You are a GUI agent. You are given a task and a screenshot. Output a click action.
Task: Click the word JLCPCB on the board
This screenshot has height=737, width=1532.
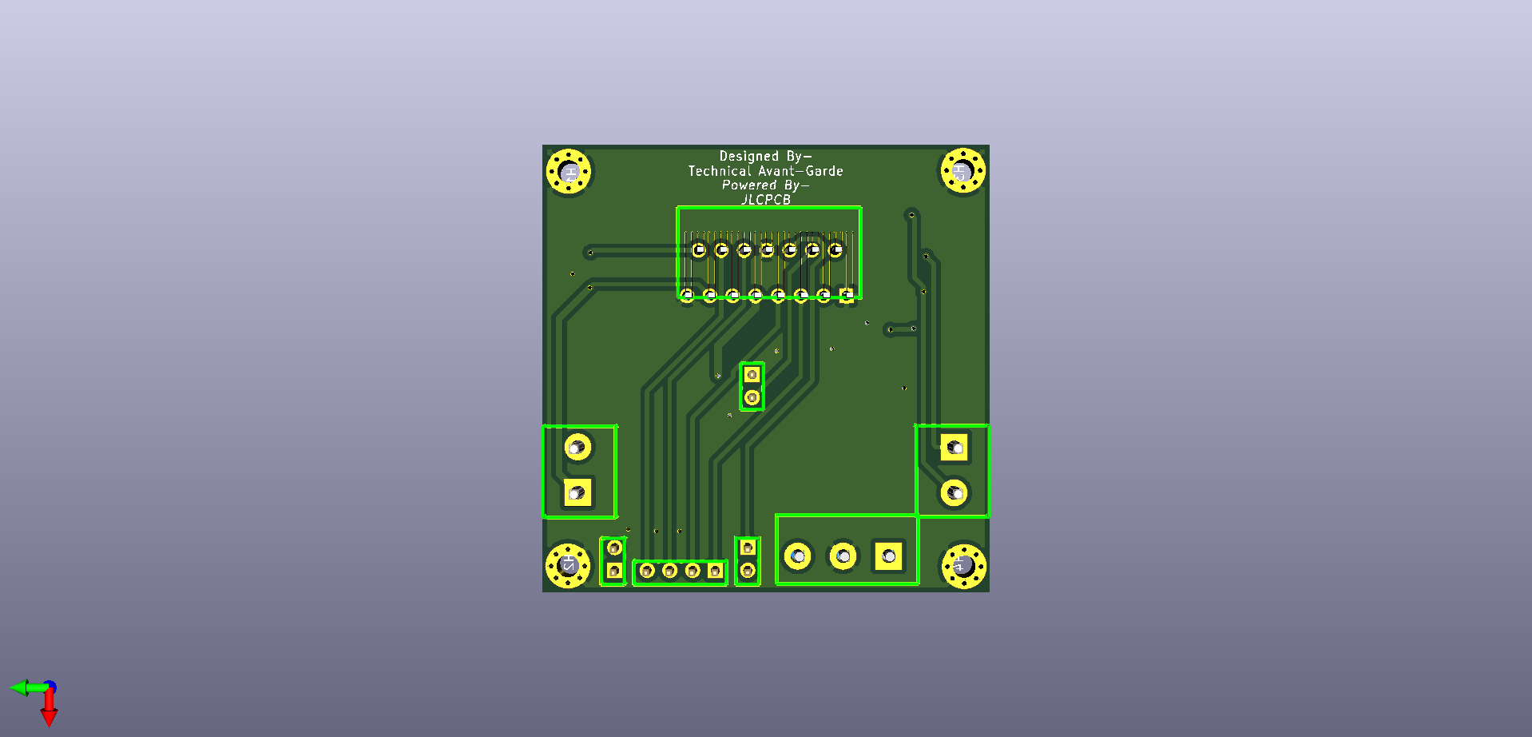[765, 200]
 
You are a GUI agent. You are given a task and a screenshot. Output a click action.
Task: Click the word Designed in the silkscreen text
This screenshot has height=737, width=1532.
[748, 157]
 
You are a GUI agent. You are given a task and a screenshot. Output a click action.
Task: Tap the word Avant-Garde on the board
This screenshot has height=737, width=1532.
[800, 171]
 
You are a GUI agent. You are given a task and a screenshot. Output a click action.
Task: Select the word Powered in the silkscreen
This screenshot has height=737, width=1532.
[748, 185]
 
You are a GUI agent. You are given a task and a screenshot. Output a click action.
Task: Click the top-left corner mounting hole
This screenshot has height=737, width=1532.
[569, 171]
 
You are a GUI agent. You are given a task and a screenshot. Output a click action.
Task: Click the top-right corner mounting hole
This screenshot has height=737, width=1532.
[962, 171]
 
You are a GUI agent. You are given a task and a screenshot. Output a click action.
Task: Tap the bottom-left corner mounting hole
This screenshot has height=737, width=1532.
[568, 565]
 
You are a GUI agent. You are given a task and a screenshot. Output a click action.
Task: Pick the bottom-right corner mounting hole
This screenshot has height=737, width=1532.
[963, 566]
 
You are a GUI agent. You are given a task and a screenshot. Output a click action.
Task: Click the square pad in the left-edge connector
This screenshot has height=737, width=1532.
[577, 492]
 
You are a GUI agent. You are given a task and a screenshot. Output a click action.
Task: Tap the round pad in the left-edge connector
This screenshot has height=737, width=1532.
[577, 447]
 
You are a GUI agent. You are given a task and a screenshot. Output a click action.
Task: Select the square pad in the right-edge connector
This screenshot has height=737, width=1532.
[954, 448]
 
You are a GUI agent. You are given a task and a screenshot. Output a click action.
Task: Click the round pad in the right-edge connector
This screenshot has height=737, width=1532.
[954, 492]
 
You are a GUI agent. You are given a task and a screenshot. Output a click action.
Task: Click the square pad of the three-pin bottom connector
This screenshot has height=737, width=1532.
[888, 556]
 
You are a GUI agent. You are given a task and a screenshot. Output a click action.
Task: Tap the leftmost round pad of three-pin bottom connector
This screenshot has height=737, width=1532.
[798, 556]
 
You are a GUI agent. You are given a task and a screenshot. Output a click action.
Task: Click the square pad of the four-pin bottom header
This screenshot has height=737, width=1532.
[715, 571]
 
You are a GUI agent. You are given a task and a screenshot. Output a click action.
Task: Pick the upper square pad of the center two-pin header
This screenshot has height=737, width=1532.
[751, 374]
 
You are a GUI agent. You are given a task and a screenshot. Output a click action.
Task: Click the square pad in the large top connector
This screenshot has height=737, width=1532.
[847, 295]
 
